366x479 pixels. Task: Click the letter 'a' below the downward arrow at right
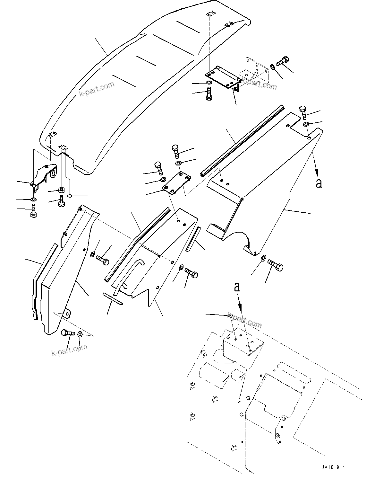tap(319, 183)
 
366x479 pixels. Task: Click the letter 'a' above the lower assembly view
tap(237, 287)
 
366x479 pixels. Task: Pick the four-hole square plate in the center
tap(176, 183)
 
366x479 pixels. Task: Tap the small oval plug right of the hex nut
tap(70, 195)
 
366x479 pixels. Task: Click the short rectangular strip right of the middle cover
tap(192, 239)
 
